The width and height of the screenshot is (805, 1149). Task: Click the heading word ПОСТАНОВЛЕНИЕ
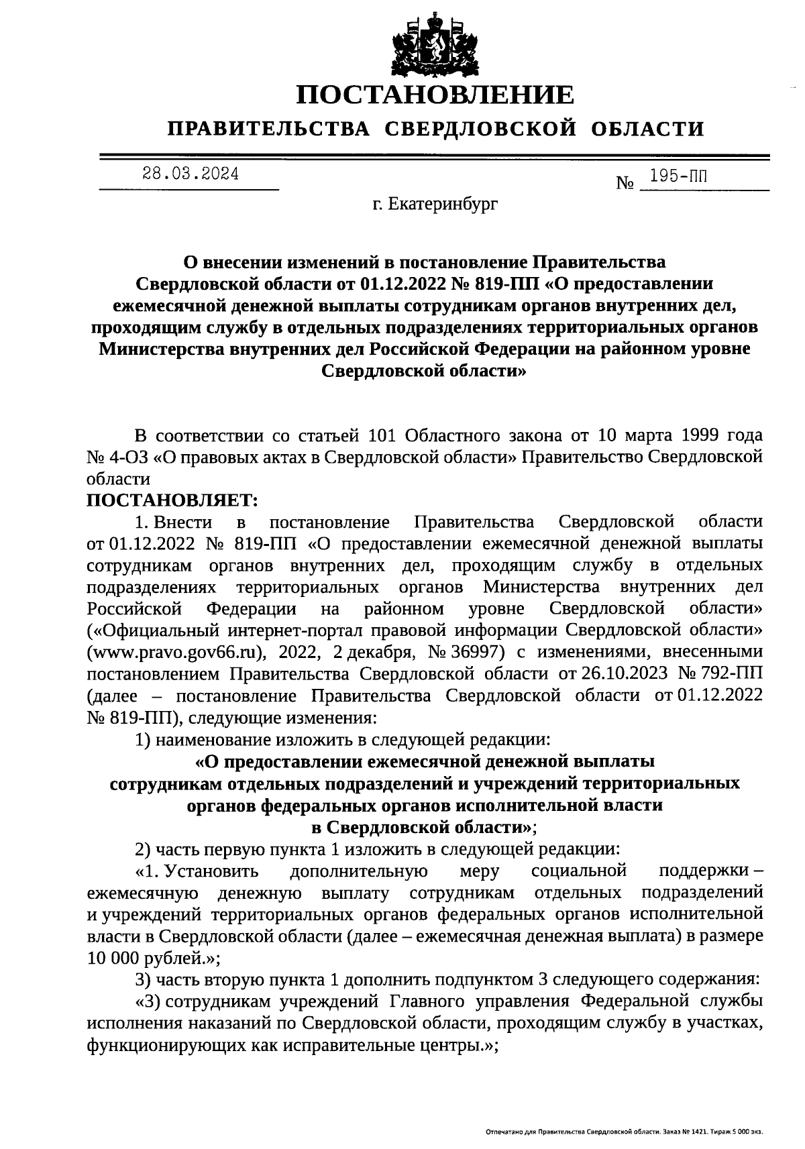coord(436,95)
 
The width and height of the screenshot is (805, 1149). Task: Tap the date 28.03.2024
coord(190,174)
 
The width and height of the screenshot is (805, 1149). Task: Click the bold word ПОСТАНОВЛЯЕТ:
coord(172,500)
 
